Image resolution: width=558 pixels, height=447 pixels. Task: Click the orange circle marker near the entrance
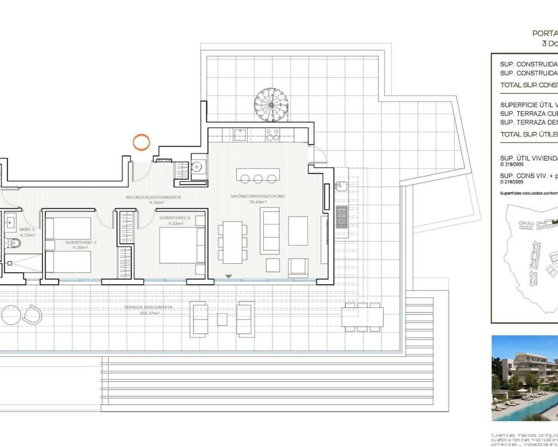141,142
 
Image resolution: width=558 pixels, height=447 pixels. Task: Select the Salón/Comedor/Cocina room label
257,196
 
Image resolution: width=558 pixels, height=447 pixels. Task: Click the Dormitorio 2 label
174,218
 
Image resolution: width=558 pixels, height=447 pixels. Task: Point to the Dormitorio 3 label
81,242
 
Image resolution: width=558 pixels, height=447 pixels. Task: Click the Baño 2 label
27,229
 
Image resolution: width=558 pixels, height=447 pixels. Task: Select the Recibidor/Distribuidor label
153,197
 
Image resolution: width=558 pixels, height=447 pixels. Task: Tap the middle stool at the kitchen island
258,179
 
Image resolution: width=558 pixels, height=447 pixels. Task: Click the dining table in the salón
232,242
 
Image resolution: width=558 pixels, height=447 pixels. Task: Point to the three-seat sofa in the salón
269,230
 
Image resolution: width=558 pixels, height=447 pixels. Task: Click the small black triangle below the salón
228,276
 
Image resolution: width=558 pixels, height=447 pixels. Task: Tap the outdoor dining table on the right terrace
362,316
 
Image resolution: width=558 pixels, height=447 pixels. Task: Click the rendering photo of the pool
525,378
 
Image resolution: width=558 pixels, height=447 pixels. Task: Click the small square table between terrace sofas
222,320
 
